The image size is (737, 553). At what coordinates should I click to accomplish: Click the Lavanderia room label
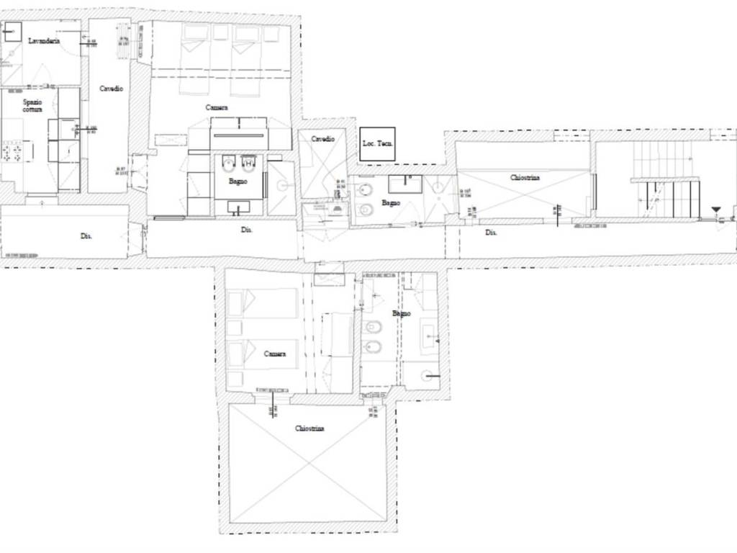(x=43, y=41)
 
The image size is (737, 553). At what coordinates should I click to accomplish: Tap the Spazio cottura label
(x=32, y=106)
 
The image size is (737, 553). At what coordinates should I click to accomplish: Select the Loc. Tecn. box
(x=377, y=144)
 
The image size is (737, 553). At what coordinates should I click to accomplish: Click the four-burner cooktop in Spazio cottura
(x=12, y=152)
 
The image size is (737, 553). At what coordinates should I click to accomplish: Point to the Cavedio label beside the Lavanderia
(x=111, y=89)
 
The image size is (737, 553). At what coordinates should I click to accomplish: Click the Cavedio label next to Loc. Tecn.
(x=323, y=138)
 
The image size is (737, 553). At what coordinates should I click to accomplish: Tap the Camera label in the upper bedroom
(x=217, y=108)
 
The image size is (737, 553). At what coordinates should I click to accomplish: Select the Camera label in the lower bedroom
(x=275, y=354)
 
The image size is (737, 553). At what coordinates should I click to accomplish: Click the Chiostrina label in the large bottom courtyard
(x=309, y=428)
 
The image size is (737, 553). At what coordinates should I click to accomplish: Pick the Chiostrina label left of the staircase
(x=525, y=177)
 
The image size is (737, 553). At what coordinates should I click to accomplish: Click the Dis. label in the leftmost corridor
(x=86, y=235)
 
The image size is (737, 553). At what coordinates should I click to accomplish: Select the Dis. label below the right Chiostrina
(x=491, y=233)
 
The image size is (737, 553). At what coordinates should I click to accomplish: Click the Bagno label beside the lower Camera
(x=402, y=314)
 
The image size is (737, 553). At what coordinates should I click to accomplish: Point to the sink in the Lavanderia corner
(x=13, y=31)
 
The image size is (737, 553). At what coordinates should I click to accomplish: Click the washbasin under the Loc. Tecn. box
(x=405, y=184)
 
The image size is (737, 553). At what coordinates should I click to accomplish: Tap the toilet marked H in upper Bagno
(x=249, y=163)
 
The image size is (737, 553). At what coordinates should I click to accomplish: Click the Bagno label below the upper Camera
(x=238, y=181)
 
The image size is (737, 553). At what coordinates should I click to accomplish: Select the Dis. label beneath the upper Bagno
(x=246, y=230)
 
